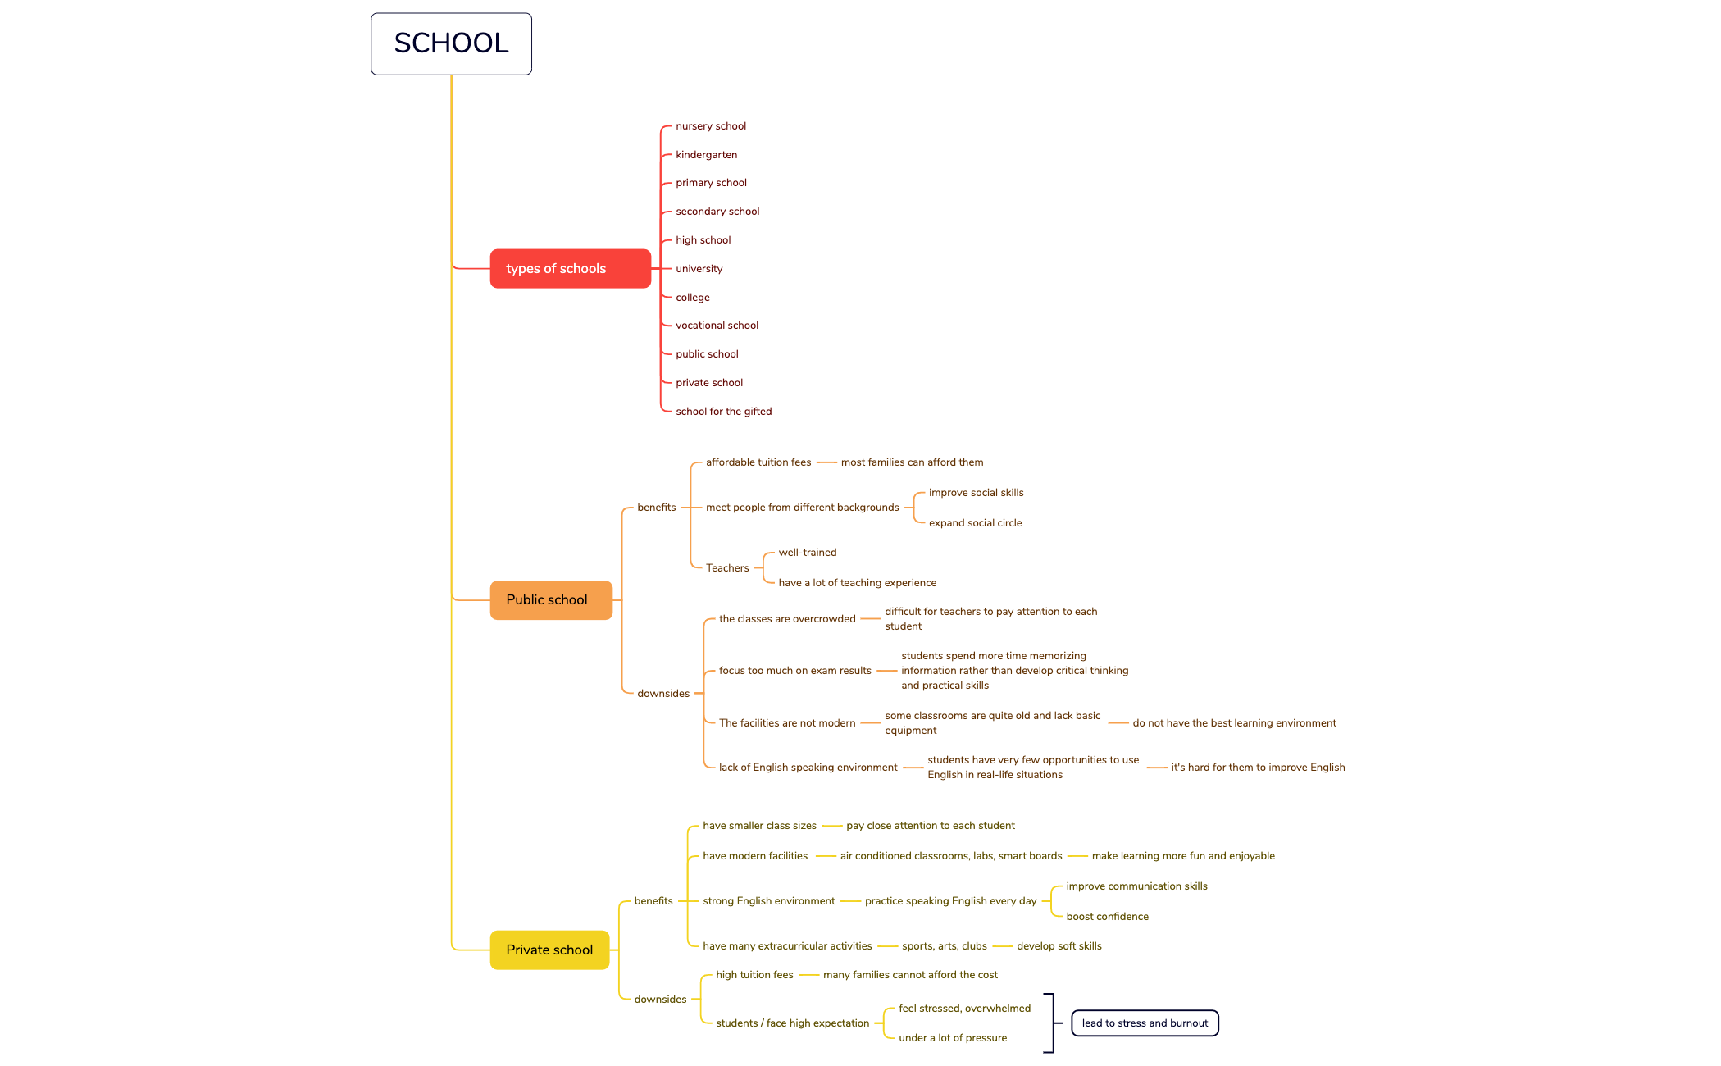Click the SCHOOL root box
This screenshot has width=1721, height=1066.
[x=451, y=43]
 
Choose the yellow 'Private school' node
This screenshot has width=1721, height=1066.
[x=549, y=950]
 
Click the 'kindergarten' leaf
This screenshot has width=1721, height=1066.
[x=706, y=155]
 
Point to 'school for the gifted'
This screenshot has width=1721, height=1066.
[x=723, y=412]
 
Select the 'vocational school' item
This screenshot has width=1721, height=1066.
[x=717, y=326]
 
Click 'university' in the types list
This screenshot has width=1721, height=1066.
[x=699, y=269]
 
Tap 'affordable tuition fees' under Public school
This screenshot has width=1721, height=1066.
[x=758, y=462]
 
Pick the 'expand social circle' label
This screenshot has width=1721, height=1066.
[x=975, y=523]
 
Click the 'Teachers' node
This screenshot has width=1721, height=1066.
[x=727, y=568]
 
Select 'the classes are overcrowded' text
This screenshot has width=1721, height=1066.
[x=786, y=619]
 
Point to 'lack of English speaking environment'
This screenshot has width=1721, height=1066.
[x=808, y=768]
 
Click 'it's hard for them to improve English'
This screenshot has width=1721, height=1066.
[x=1257, y=768]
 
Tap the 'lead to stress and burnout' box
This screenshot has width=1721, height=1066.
[x=1145, y=1023]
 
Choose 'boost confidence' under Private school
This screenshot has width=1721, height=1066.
[x=1107, y=917]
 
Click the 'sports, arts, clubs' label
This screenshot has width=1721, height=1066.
[x=944, y=946]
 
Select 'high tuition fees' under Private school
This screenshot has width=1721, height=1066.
[x=754, y=975]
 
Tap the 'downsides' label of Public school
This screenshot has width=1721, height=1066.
[x=662, y=694]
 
